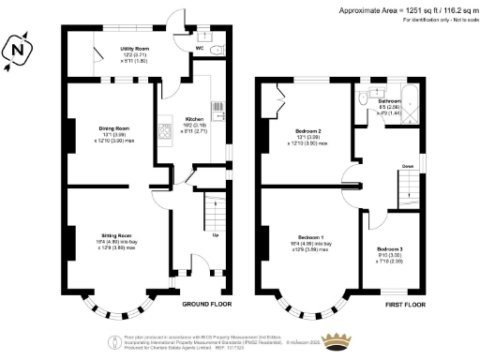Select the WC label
pos(200,47)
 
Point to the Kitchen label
pos(194,120)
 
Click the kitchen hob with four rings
pos(166,130)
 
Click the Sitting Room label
pos(115,234)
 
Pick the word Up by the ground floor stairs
pos(217,234)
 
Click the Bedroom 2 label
pos(308,130)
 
